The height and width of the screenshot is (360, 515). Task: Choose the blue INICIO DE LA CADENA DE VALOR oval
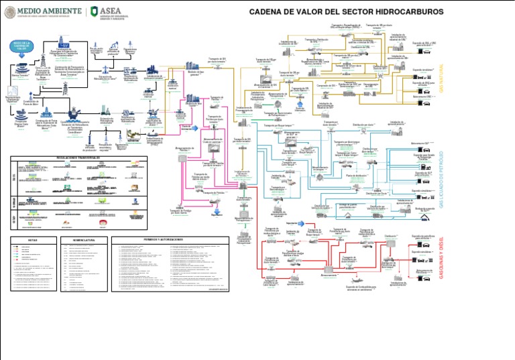(22, 46)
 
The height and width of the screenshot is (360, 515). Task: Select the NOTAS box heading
(32, 239)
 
